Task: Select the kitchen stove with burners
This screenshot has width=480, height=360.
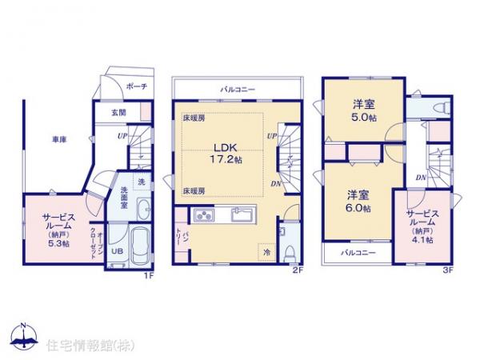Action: (x=203, y=214)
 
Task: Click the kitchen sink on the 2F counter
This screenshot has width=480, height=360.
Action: (x=241, y=214)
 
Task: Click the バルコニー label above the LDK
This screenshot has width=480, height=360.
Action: (x=238, y=89)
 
